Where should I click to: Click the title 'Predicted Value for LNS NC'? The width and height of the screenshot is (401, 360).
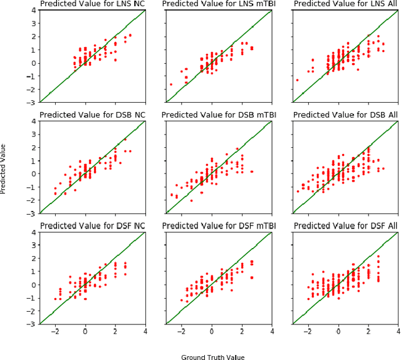click(92, 4)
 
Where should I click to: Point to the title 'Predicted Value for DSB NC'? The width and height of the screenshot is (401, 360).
click(92, 115)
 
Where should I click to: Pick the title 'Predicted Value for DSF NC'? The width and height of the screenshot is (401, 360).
click(92, 225)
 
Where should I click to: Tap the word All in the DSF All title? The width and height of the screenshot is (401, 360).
click(388, 225)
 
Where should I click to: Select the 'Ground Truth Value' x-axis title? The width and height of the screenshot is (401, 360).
click(212, 357)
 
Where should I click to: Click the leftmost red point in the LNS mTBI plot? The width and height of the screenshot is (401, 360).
click(170, 85)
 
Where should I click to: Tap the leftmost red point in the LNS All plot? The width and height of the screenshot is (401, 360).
click(297, 80)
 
